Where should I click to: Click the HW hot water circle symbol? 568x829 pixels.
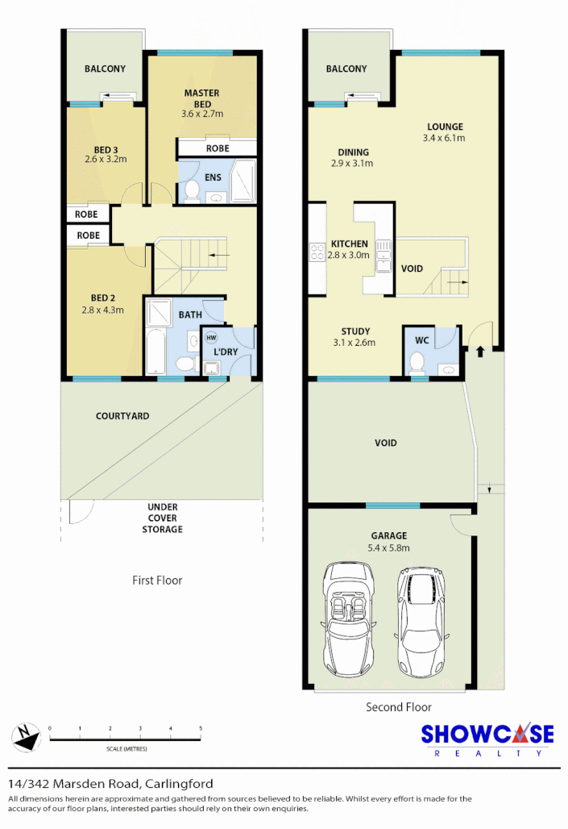pyautogui.click(x=212, y=337)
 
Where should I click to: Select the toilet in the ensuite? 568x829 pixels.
pyautogui.click(x=192, y=190)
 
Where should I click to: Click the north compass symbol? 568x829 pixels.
pyautogui.click(x=26, y=737)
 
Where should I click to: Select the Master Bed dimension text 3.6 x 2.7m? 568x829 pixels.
pyautogui.click(x=201, y=114)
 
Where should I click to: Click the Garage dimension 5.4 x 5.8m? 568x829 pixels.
pyautogui.click(x=389, y=548)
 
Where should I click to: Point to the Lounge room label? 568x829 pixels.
pyautogui.click(x=445, y=127)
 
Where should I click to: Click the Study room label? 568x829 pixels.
pyautogui.click(x=355, y=331)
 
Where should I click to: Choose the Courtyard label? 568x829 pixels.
pyautogui.click(x=122, y=416)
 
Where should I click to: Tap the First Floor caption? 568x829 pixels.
pyautogui.click(x=157, y=580)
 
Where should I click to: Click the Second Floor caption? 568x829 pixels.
pyautogui.click(x=398, y=707)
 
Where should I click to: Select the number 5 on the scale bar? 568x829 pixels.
pyautogui.click(x=201, y=729)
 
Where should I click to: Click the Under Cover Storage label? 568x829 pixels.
pyautogui.click(x=163, y=518)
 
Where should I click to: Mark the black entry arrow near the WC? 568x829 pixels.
pyautogui.click(x=480, y=352)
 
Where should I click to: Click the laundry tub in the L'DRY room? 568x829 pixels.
pyautogui.click(x=213, y=369)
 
